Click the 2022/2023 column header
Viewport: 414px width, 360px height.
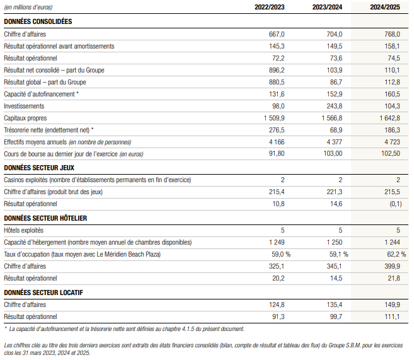269,7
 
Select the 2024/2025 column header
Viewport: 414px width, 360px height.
385,7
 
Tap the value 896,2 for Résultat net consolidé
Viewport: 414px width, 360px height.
277,70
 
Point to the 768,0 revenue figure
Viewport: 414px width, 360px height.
392,34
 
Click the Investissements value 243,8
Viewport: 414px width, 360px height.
334,106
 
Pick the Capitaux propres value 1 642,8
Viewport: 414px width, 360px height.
389,118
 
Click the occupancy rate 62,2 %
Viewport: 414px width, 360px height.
396,254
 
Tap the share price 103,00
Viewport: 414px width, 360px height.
333,153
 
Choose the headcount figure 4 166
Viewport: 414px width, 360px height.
277,142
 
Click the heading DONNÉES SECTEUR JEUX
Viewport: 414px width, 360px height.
39,168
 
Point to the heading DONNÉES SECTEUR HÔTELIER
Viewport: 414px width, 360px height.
45,218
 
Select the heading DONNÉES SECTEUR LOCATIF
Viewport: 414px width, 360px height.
43,293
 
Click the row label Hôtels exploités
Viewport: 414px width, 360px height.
23,230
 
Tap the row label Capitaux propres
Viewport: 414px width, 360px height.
25,118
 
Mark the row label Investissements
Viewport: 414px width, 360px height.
24,106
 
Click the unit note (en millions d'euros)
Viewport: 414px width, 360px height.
28,7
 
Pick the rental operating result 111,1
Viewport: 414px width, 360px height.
392,316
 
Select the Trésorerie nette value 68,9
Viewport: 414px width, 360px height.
336,130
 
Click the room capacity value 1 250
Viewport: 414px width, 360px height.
334,242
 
